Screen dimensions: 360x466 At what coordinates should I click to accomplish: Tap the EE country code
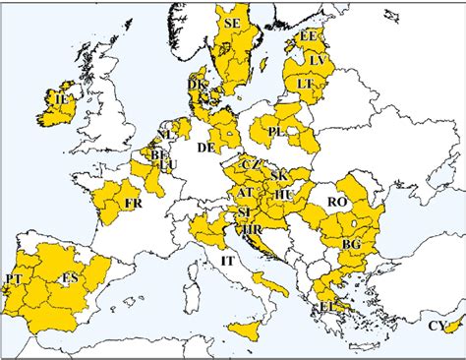[x=310, y=36]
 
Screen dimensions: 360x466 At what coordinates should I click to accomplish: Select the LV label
[x=317, y=61]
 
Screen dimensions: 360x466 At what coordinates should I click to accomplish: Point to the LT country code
[x=306, y=84]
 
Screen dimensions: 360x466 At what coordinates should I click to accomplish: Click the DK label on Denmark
[x=198, y=86]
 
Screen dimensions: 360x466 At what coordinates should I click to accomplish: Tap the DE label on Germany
[x=206, y=148]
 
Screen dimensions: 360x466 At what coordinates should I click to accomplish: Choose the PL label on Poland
[x=276, y=131]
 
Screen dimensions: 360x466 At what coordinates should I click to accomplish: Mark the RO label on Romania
[x=339, y=202]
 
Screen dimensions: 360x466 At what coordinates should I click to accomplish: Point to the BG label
[x=351, y=243]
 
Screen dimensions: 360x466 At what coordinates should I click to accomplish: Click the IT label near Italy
[x=227, y=261]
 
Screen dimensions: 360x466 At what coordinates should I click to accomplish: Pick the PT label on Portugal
[x=14, y=280]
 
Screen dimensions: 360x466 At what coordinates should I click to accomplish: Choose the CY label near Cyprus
[x=437, y=326]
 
